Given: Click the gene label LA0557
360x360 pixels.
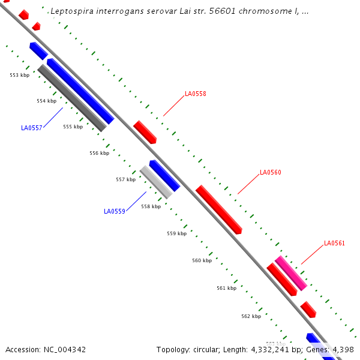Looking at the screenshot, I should coord(31,128).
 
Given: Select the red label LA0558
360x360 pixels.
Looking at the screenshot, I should coord(196,94).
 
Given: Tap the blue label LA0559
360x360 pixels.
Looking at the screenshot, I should coord(114,211).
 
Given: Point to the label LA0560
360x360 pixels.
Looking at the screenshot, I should coord(270,173).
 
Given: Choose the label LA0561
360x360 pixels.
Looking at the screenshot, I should coord(334,244).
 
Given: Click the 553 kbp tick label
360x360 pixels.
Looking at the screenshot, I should coord(19,75).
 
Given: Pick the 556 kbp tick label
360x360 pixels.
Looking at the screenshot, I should coord(100,153).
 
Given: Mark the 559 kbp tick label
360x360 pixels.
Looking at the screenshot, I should coord(176,233).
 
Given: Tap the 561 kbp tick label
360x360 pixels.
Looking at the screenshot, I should coord(226,289).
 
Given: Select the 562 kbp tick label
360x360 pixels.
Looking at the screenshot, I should coord(251,316).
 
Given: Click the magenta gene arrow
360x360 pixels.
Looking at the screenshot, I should coord(291,273).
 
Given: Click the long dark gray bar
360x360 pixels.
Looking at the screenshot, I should coord(72,98).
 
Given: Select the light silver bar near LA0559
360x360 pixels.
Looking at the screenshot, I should coord(156,182).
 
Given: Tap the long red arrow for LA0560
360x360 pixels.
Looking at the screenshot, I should coord(218,209).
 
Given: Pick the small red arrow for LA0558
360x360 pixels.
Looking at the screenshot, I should coord(145,132).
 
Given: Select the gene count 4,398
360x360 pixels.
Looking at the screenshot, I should coord(344,349).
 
